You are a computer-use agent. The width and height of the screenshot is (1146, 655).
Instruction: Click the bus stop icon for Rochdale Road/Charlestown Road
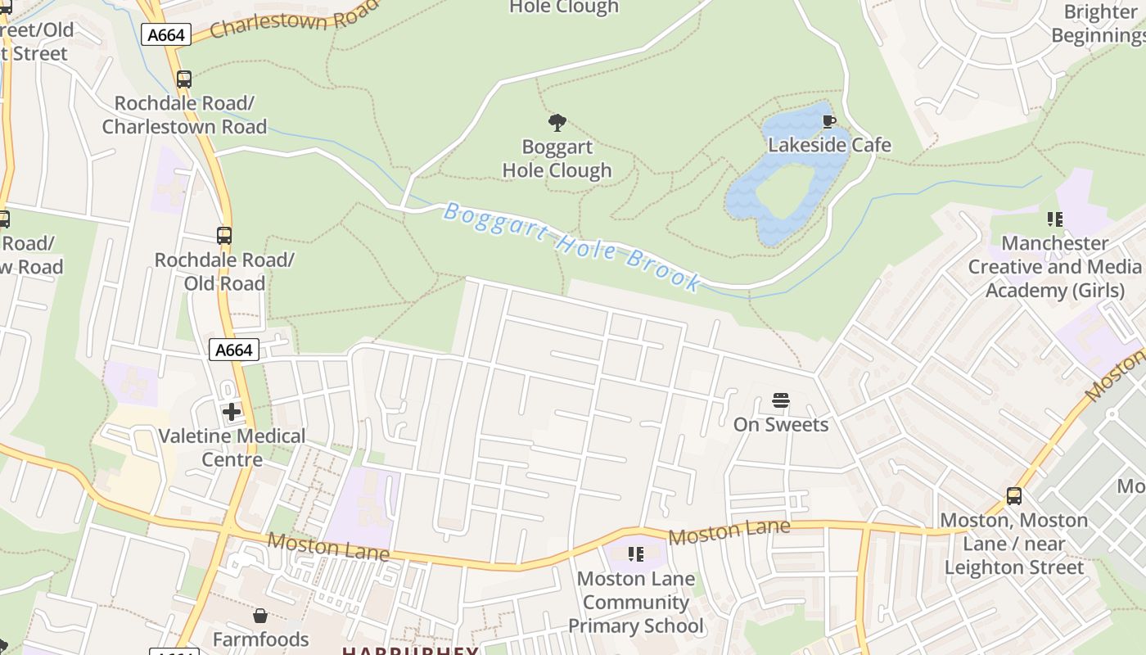[184, 79]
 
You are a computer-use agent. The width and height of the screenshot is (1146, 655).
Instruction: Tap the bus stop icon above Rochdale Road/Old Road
[224, 236]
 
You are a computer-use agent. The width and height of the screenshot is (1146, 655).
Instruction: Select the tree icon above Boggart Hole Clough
[557, 124]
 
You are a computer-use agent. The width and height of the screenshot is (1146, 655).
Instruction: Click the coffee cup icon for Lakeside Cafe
[829, 123]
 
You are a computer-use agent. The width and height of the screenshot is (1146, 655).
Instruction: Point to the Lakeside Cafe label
[829, 146]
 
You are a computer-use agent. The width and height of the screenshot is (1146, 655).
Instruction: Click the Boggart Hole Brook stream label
[571, 244]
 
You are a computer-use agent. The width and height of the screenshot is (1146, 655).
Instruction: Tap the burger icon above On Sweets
[781, 401]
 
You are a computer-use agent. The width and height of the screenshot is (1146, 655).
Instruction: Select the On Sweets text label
[781, 424]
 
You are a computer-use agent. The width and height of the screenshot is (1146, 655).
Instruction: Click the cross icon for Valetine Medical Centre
[232, 411]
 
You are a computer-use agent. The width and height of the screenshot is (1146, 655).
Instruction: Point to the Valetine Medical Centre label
[232, 447]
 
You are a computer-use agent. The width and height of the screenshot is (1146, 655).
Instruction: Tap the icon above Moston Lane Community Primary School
[636, 554]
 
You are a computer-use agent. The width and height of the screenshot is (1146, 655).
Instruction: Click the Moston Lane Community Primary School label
[636, 603]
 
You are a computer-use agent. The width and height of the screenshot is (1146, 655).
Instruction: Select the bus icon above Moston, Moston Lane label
[1014, 496]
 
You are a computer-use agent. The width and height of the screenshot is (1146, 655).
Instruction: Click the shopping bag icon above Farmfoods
[260, 616]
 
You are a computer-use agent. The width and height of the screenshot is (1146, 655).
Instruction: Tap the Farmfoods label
[260, 639]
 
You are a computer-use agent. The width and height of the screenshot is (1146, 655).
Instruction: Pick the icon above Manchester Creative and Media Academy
[1055, 219]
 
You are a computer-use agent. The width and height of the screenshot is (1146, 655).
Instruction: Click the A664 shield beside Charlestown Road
[166, 34]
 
